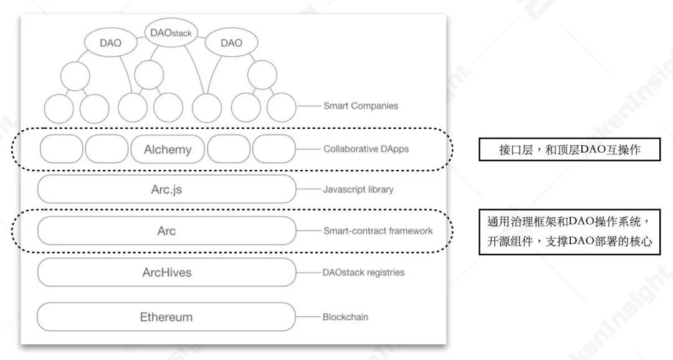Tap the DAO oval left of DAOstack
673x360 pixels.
[x=110, y=43]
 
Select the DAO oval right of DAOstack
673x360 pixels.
[x=231, y=43]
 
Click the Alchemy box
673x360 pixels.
[x=167, y=149]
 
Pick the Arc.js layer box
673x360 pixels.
[x=166, y=189]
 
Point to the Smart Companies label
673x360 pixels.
[x=360, y=106]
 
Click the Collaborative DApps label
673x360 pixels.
[x=366, y=149]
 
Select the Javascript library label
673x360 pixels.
[x=358, y=189]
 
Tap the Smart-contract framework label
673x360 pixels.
[x=378, y=231]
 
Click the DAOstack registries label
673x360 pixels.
[x=363, y=273]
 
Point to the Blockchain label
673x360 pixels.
[x=345, y=317]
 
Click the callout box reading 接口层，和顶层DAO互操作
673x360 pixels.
[x=569, y=149]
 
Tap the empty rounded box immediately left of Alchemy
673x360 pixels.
[x=107, y=149]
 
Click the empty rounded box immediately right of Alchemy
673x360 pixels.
[x=229, y=149]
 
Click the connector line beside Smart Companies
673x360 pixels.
[x=308, y=106]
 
